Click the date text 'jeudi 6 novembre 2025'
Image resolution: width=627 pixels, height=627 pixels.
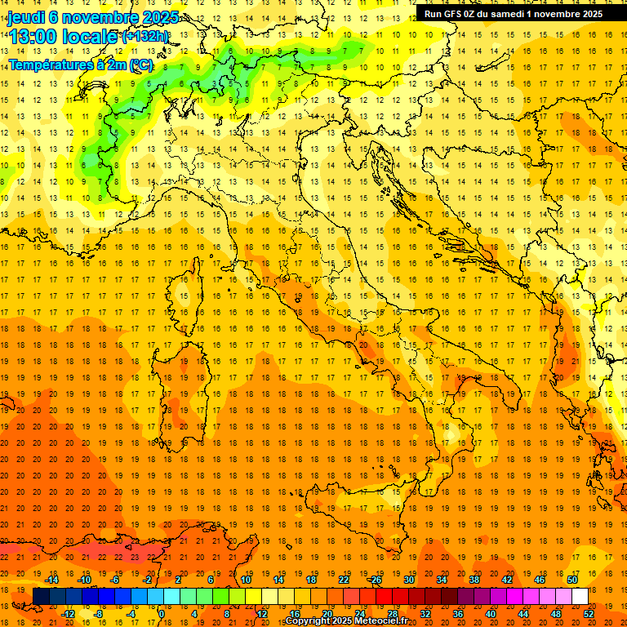pos(93,16)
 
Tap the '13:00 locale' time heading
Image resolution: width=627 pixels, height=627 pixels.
pos(62,37)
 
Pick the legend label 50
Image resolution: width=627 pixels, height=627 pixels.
pos(571,579)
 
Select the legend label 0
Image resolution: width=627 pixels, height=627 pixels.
pos(161,613)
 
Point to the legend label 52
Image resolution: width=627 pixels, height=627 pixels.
pos(589,613)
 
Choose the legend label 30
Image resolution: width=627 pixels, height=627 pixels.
pos(408,579)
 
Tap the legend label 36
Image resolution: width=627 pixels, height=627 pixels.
pos(457,613)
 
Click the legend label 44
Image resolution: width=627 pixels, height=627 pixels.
pos(522,613)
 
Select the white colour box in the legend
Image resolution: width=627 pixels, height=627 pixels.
pos(580,597)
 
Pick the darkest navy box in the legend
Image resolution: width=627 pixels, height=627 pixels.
pos(42,597)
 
